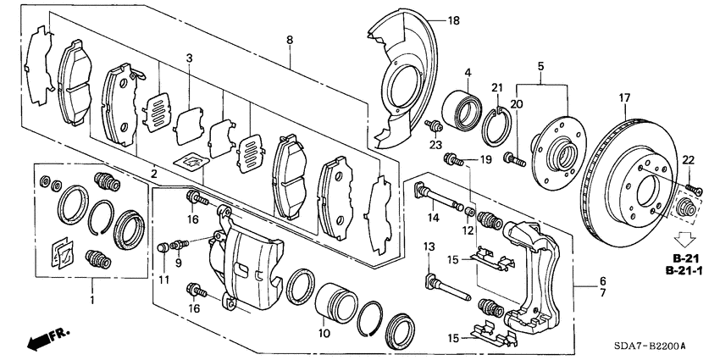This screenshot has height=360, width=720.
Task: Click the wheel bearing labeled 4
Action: click(466, 108)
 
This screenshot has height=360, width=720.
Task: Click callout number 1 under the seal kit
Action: click(92, 300)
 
